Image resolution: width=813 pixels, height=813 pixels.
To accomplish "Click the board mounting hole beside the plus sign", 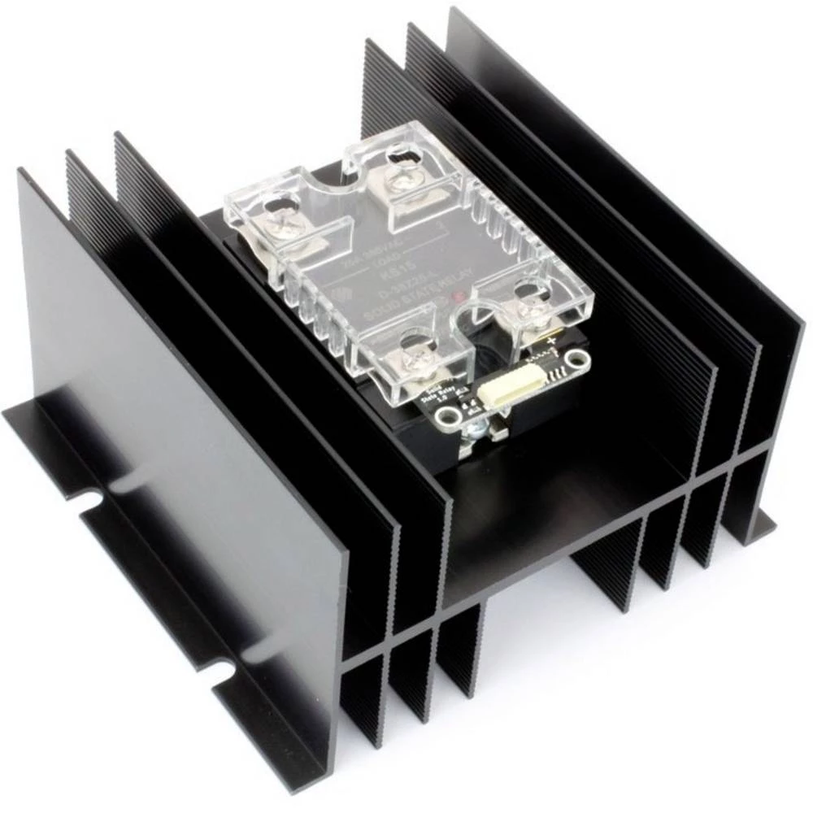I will tap(578, 359).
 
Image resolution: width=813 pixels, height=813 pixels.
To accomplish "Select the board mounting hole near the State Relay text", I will tap(445, 418).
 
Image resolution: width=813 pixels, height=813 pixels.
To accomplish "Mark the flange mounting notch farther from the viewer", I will tap(89, 498).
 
